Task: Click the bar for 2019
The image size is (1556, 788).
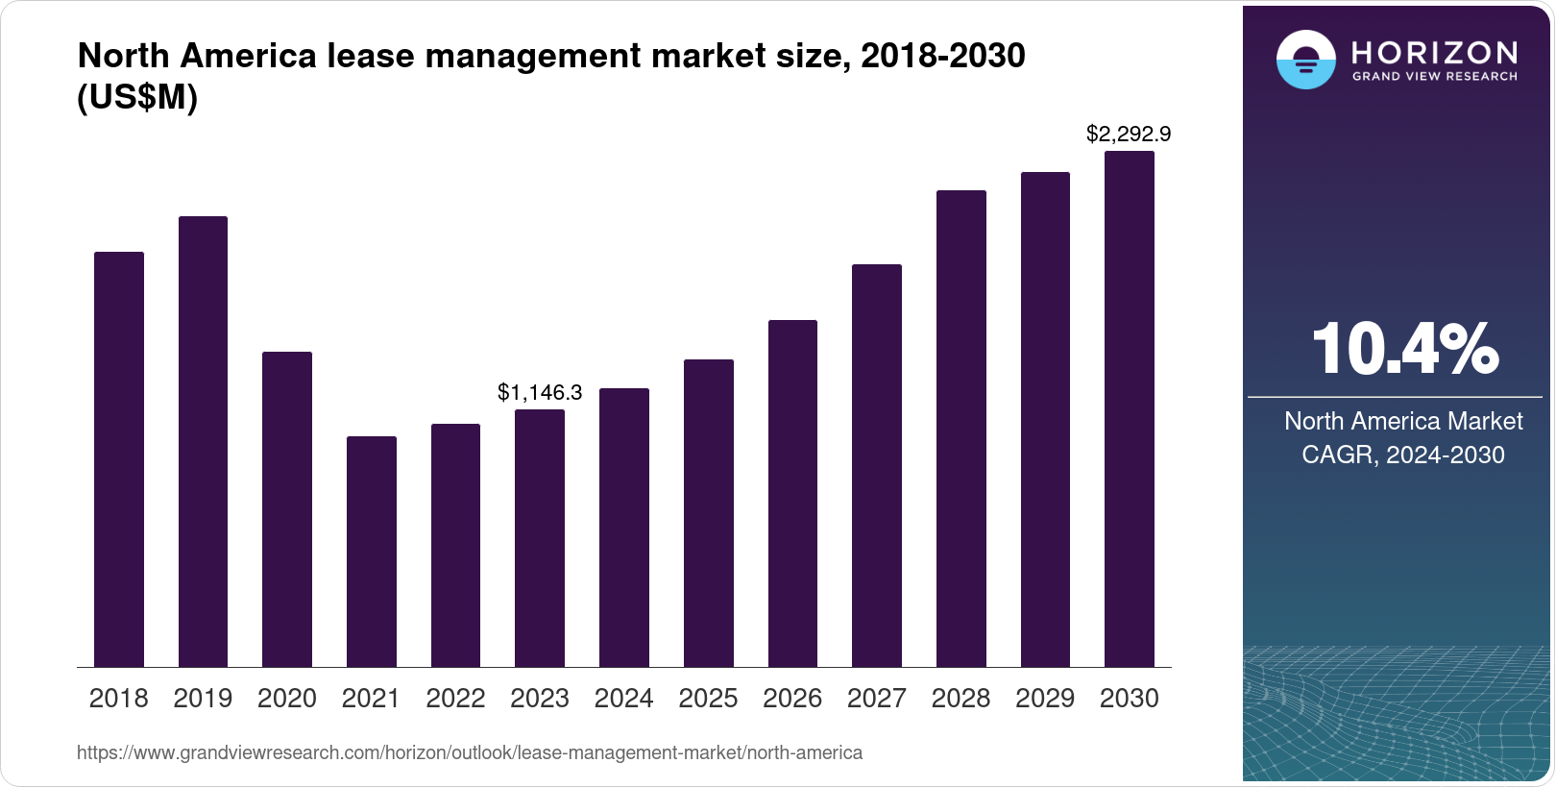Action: (x=203, y=442)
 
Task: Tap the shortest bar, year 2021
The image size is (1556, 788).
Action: (x=371, y=552)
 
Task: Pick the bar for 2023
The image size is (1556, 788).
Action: (x=540, y=538)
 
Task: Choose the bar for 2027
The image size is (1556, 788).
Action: (x=876, y=466)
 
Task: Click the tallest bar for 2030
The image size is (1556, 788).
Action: (x=1129, y=409)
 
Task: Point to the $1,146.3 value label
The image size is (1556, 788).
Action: (x=540, y=392)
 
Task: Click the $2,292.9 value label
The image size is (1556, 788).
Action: (x=1129, y=135)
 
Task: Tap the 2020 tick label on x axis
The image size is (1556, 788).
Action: (x=287, y=699)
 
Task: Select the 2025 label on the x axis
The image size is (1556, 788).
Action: (x=708, y=699)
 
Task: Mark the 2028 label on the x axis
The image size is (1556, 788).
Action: (x=960, y=699)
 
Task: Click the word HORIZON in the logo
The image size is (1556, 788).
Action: (x=1434, y=52)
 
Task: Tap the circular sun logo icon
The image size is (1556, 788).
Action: (x=1305, y=60)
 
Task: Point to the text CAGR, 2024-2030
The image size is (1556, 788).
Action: (x=1402, y=455)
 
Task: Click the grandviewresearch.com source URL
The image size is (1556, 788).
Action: (x=470, y=752)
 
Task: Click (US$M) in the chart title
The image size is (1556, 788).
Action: (x=137, y=98)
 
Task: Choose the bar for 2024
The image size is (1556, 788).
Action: (x=623, y=528)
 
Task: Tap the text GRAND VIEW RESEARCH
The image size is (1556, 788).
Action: (x=1434, y=77)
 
